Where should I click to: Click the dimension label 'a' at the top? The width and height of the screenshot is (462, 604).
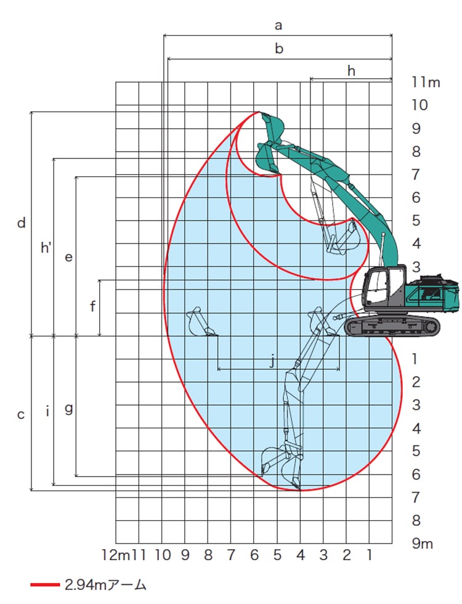pyautogui.click(x=278, y=26)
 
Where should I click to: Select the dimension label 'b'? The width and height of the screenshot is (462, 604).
pyautogui.click(x=279, y=49)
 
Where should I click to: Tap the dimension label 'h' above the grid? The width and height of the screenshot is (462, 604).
pyautogui.click(x=351, y=70)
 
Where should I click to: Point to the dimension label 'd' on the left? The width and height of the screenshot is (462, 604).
pyautogui.click(x=22, y=222)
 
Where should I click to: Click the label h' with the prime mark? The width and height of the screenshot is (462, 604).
pyautogui.click(x=46, y=247)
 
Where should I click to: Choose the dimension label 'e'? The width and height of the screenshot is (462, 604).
pyautogui.click(x=68, y=257)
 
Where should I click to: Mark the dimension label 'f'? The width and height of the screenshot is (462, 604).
pyautogui.click(x=92, y=306)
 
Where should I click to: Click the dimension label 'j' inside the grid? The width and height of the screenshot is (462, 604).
pyautogui.click(x=272, y=361)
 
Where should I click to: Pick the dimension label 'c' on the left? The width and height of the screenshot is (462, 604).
pyautogui.click(x=21, y=414)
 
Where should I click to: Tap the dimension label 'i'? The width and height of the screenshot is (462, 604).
pyautogui.click(x=47, y=411)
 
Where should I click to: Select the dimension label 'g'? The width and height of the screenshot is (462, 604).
pyautogui.click(x=68, y=409)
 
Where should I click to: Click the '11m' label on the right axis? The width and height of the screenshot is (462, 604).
pyautogui.click(x=426, y=82)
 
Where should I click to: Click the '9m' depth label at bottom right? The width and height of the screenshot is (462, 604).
pyautogui.click(x=423, y=543)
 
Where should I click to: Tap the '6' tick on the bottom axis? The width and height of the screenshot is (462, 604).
pyautogui.click(x=254, y=555)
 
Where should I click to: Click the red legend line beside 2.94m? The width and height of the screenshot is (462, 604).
pyautogui.click(x=45, y=585)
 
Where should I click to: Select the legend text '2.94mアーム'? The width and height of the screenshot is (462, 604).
pyautogui.click(x=105, y=585)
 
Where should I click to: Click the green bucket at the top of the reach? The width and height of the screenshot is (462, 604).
pyautogui.click(x=273, y=126)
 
